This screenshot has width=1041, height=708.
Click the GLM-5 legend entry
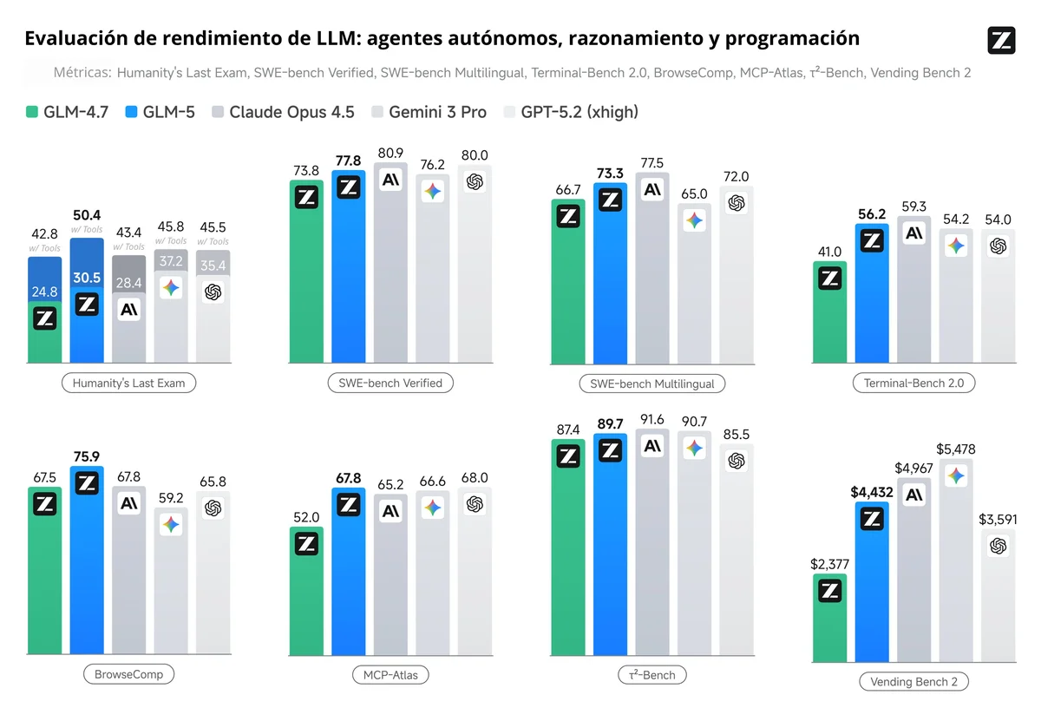(x=161, y=112)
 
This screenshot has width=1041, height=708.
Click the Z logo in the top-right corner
(x=1001, y=41)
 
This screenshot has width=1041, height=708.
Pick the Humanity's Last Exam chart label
(x=129, y=383)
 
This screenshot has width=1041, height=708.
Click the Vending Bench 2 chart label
(x=913, y=681)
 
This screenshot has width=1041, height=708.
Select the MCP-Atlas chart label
(x=390, y=675)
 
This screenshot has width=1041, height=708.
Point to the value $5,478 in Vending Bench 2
(x=957, y=449)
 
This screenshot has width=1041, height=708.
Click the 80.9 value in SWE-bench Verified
(x=390, y=153)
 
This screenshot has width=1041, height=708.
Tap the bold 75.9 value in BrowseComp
(x=87, y=456)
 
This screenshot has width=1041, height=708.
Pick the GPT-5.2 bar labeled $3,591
(x=998, y=599)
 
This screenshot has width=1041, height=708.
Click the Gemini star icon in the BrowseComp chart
(x=171, y=524)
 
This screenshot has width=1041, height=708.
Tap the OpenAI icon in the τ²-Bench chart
(x=737, y=461)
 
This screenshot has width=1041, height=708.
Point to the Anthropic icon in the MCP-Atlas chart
(x=391, y=511)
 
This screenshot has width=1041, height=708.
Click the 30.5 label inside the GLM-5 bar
(x=87, y=278)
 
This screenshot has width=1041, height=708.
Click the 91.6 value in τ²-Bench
(x=652, y=420)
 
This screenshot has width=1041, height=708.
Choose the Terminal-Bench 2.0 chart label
(x=913, y=383)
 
